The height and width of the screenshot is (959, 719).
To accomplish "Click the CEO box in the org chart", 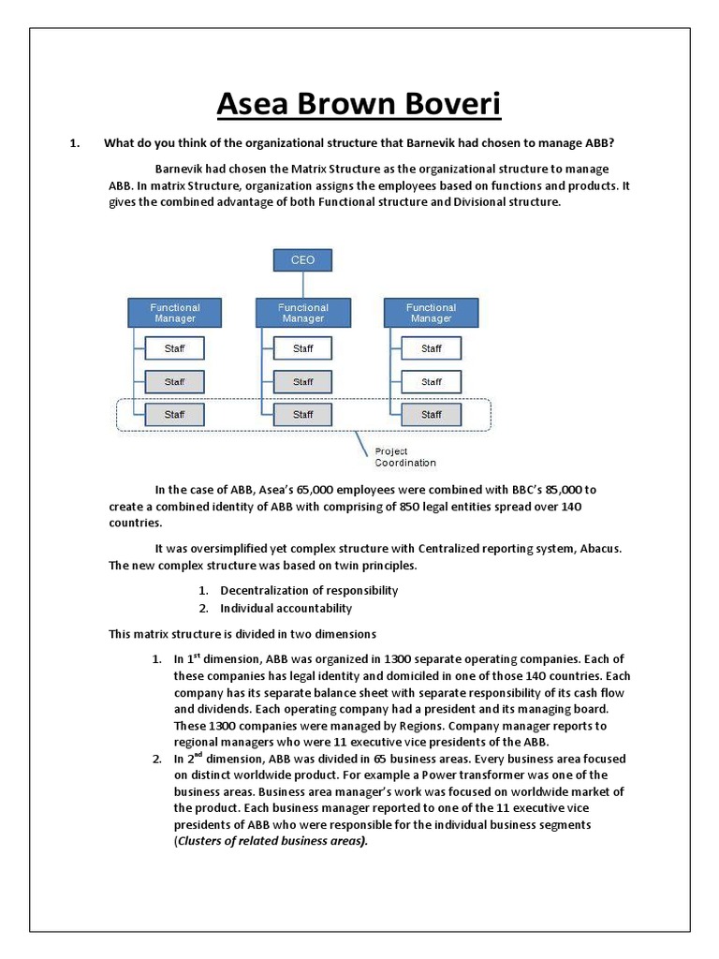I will point(302,259).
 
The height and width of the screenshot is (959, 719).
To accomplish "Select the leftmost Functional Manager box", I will point(175,313).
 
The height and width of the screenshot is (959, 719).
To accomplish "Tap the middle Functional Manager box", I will point(302,313).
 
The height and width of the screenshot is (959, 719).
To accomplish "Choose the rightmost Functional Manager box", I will point(431,313).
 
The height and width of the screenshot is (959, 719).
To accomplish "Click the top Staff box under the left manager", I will point(174,348).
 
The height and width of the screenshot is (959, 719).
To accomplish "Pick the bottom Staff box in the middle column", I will point(302,414).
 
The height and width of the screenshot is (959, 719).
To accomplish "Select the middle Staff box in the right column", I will point(431,381).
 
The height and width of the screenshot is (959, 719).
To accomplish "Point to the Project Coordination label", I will point(404,457).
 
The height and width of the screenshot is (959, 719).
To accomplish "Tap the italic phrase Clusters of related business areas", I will point(271,841).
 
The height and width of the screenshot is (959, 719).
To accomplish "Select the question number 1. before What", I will point(75,142).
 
